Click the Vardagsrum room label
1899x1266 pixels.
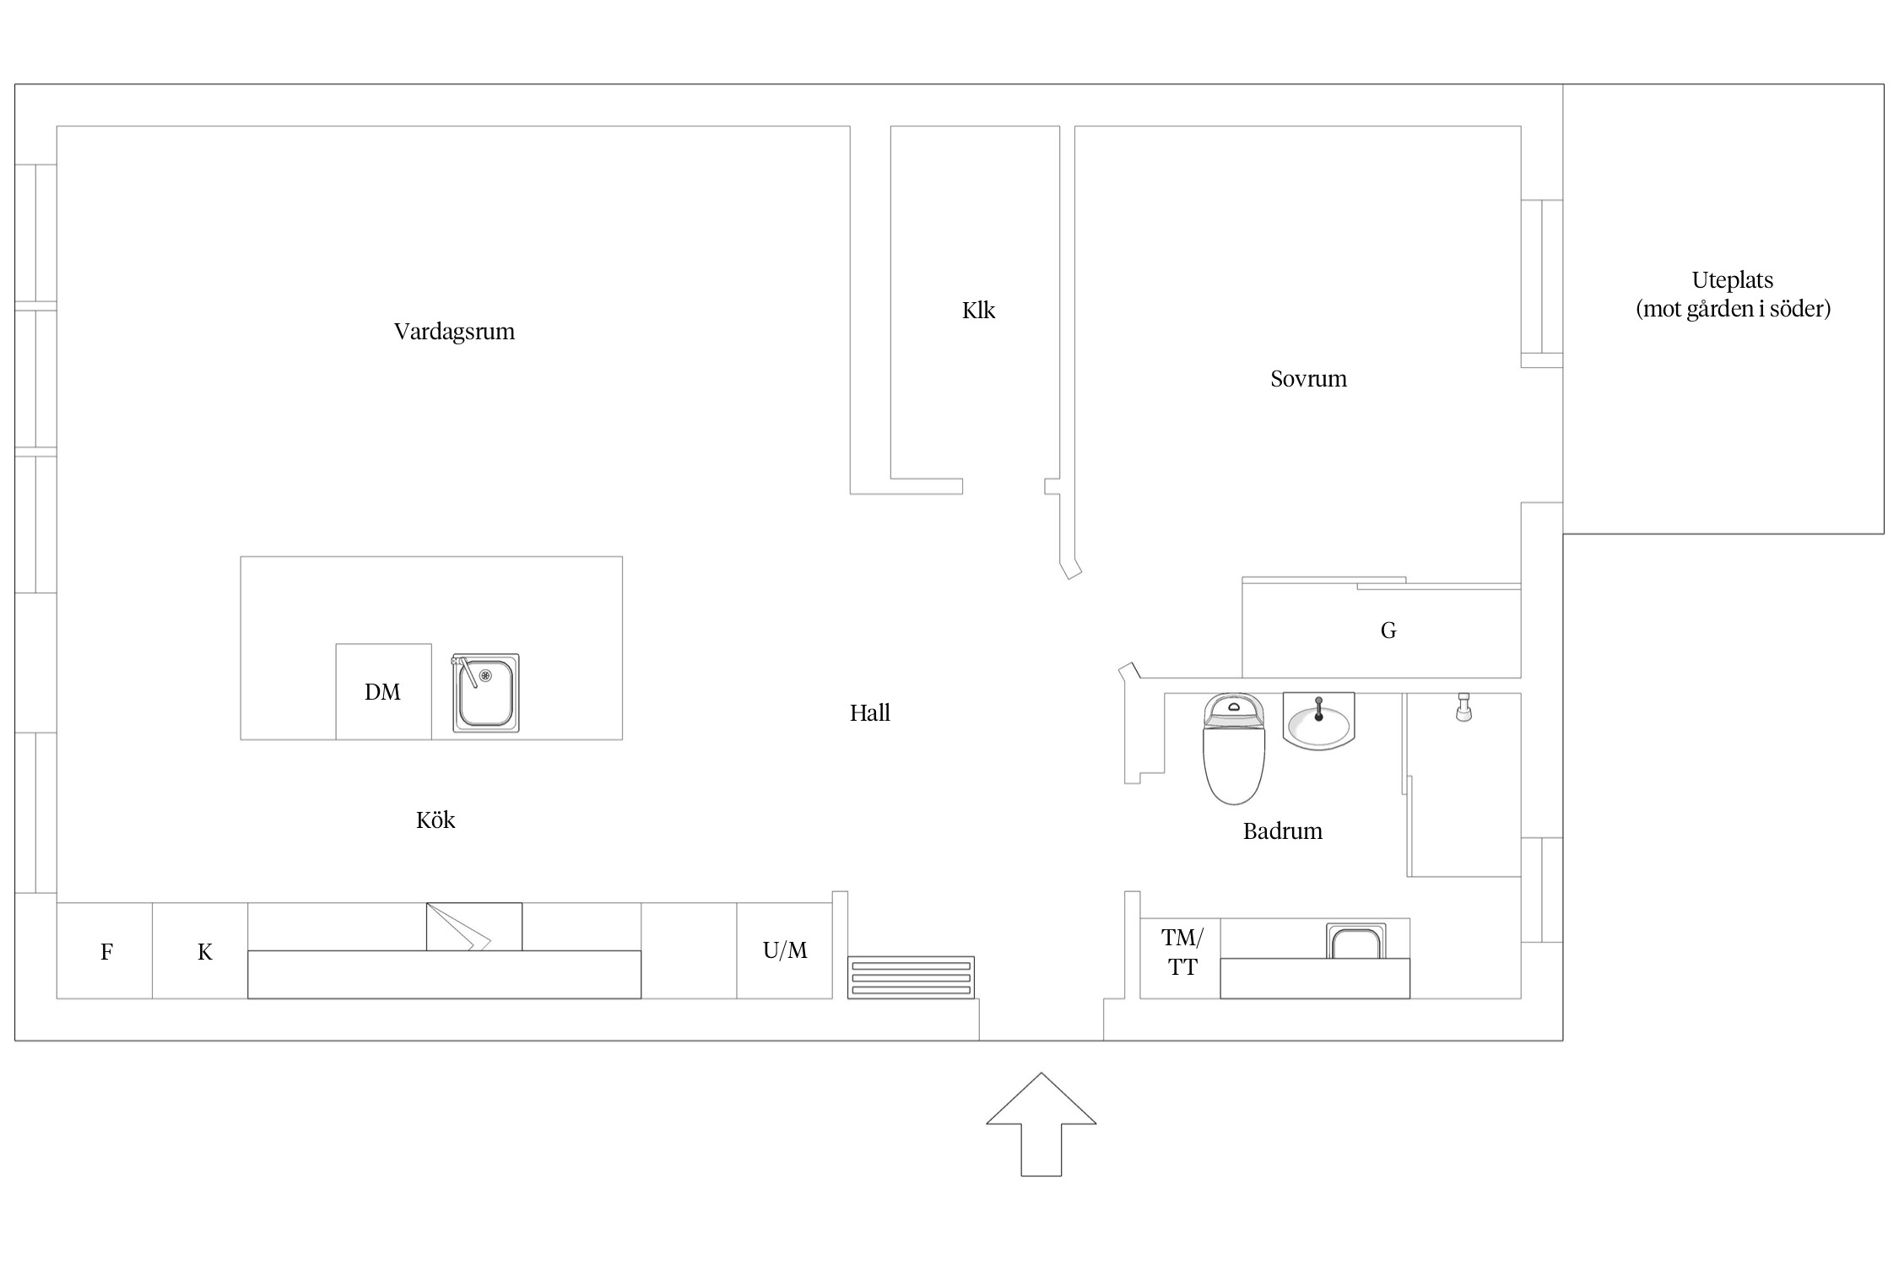(454, 332)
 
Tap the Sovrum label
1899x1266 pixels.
(1308, 379)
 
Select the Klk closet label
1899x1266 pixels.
(978, 311)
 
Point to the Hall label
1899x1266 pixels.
(869, 713)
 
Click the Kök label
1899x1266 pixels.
(436, 820)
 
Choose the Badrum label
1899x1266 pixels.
(1282, 831)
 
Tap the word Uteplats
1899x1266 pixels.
(1732, 281)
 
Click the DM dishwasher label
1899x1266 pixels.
(382, 692)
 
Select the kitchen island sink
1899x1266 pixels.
(485, 693)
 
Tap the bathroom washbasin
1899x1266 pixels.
(1318, 722)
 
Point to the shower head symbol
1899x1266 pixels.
(1463, 707)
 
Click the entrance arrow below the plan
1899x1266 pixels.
(1041, 1124)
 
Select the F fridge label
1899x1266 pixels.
(106, 953)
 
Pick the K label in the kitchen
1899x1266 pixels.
(204, 953)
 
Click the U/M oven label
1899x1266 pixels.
(785, 951)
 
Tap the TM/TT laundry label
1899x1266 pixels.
(1182, 953)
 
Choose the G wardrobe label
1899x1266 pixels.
(1388, 630)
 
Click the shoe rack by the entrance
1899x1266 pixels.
(911, 977)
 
